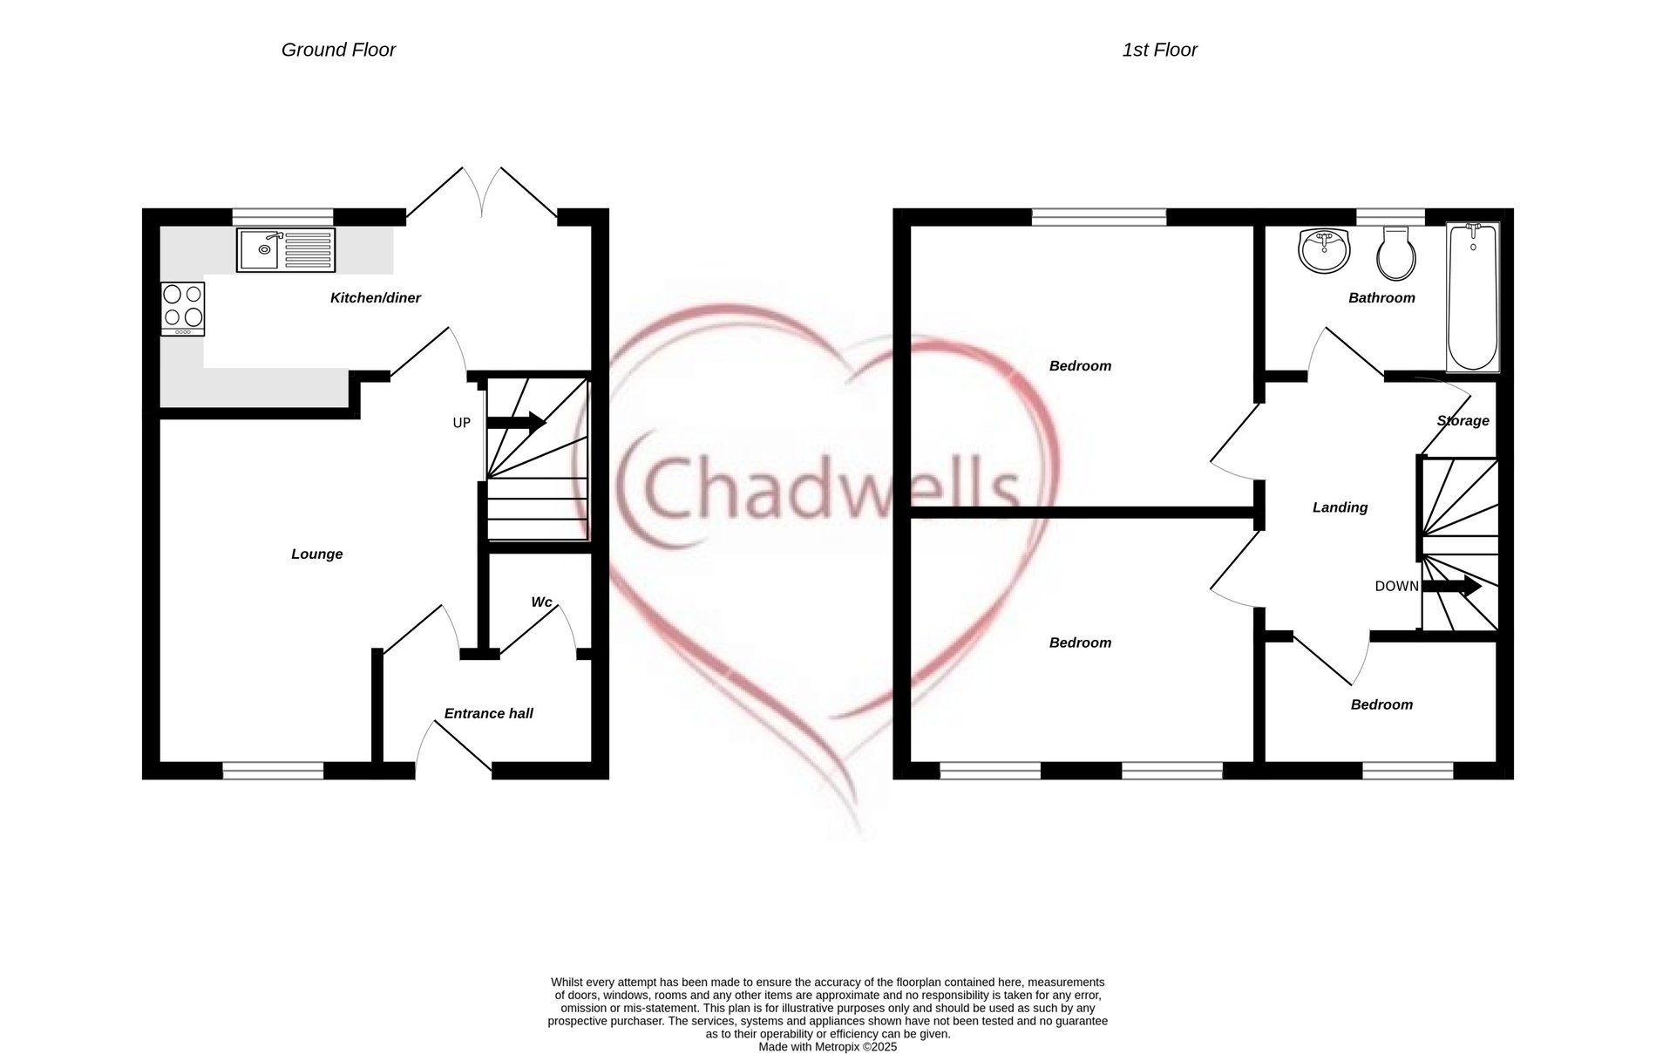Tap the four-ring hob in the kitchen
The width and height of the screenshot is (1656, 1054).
182,309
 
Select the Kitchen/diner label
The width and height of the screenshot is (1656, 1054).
375,298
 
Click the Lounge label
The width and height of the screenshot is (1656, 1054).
316,554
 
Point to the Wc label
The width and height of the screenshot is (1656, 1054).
541,602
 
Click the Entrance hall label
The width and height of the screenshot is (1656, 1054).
488,714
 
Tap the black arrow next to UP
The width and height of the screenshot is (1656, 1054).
516,423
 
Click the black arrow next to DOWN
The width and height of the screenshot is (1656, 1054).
1451,587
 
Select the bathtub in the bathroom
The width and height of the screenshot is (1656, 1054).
1472,296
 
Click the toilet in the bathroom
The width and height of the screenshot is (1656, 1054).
1395,253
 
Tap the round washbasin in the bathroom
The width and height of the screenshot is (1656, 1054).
1324,250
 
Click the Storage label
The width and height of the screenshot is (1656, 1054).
1463,421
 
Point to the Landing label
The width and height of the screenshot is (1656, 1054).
1340,507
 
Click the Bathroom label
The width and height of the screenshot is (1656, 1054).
1381,298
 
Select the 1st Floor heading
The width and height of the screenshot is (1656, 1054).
1158,51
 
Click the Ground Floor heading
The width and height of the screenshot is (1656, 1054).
338,51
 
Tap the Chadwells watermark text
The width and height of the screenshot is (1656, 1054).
819,488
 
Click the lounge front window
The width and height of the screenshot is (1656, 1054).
273,770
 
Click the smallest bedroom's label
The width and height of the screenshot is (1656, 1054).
1381,705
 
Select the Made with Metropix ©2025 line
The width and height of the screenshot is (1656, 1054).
827,1047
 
